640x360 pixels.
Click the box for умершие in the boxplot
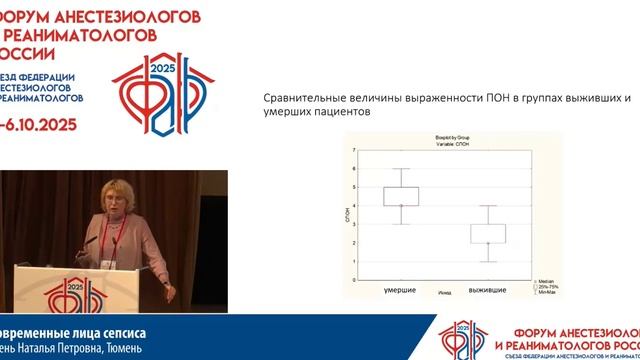pos(401,196)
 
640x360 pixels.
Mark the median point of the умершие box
pos(401,205)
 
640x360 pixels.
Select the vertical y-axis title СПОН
pos(347,216)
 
